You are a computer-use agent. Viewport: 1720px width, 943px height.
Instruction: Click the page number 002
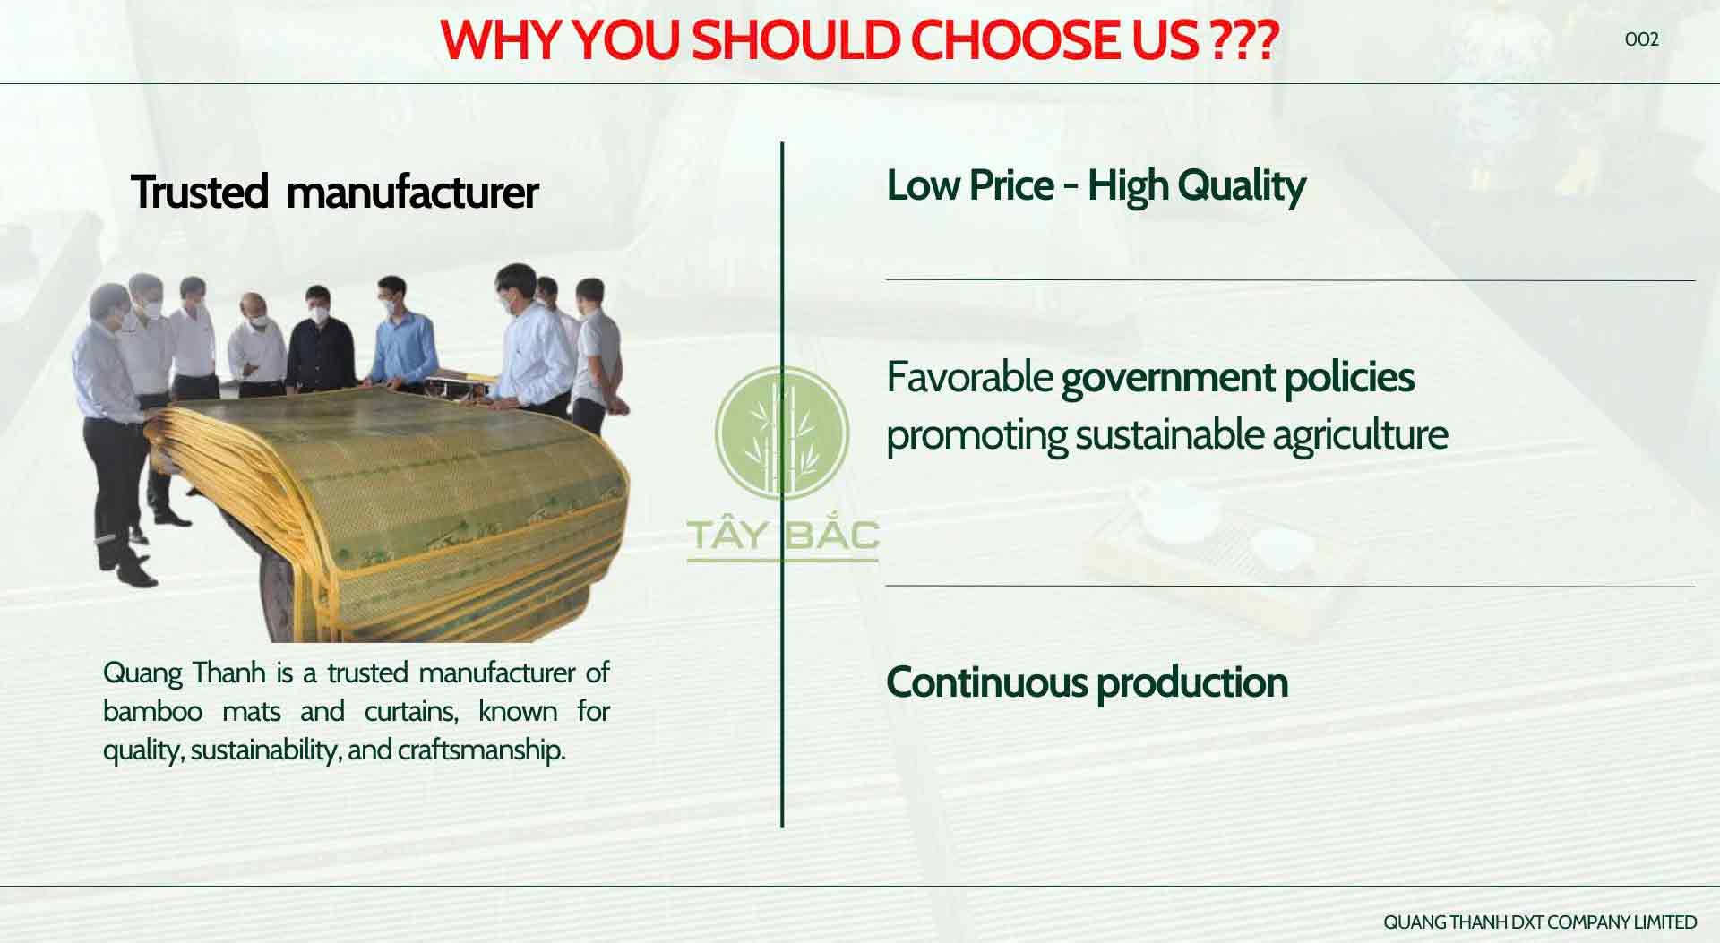[x=1641, y=39]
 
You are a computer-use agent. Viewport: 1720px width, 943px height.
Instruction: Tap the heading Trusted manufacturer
[x=335, y=192]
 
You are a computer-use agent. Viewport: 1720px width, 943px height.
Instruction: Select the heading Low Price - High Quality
[x=1096, y=186]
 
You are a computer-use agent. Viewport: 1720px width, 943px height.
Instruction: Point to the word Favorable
[x=969, y=377]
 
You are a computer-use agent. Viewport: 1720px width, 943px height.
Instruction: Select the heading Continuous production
[x=1087, y=682]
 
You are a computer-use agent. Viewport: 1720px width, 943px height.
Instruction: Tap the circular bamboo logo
[x=782, y=432]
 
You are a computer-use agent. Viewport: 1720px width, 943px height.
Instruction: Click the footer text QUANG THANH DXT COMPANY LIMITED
[x=1540, y=922]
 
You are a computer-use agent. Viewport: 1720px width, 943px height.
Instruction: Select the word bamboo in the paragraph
[x=152, y=711]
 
